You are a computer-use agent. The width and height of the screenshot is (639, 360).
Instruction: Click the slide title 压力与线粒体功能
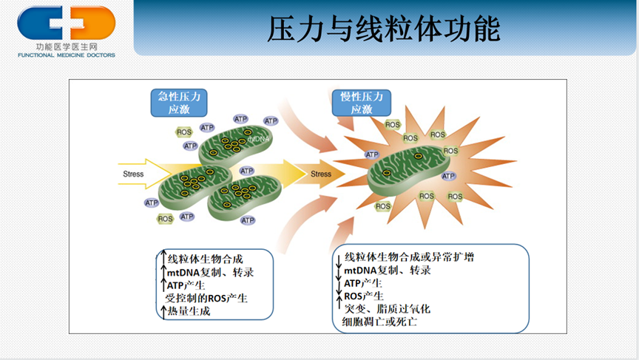(384, 30)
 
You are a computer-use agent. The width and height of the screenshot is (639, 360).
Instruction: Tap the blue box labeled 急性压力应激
(179, 103)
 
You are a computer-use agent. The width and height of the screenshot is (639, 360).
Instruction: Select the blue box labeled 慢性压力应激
(362, 103)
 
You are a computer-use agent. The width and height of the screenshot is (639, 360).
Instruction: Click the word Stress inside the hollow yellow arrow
(133, 174)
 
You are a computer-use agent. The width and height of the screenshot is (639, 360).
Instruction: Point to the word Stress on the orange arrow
(321, 174)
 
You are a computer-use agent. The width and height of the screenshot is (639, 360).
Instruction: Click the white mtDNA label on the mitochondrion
(258, 139)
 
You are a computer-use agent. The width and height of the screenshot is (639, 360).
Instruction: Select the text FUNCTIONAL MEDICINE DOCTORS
(67, 55)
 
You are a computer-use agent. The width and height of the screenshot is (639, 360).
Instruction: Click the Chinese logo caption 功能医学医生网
(67, 47)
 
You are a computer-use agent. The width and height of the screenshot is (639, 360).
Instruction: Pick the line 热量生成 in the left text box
(189, 311)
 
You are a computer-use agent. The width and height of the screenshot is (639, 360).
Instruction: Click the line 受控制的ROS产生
(206, 299)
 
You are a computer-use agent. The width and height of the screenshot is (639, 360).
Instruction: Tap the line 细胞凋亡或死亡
(380, 322)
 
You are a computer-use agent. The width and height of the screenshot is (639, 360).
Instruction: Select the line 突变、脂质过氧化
(387, 309)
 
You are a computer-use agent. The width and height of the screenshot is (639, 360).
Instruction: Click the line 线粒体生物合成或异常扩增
(409, 257)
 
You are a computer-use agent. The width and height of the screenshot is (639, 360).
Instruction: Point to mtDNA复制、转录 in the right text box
(388, 270)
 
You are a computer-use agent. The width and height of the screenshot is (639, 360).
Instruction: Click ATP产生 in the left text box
(186, 285)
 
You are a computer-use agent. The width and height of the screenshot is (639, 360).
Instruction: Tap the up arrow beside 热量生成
(163, 311)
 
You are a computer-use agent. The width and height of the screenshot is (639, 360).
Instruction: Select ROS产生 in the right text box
(364, 296)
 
